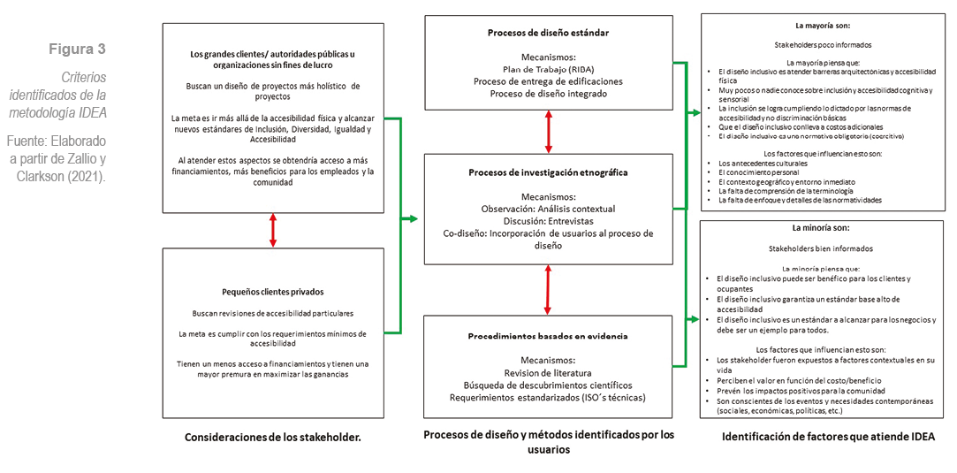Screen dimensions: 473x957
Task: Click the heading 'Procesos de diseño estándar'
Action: click(548, 33)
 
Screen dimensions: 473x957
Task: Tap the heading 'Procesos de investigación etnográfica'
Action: click(548, 172)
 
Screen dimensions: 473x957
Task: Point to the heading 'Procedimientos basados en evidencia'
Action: click(548, 336)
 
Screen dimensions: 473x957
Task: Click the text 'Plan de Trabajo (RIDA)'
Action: click(548, 69)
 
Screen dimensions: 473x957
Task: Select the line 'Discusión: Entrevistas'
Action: click(548, 221)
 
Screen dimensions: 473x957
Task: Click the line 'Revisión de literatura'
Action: click(548, 372)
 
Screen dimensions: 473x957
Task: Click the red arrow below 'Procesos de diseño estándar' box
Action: click(549, 132)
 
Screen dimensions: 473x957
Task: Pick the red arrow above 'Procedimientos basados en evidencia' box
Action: click(549, 289)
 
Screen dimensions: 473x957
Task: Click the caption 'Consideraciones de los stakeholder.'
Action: click(273, 437)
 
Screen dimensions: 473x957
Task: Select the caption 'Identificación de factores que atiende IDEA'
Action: click(828, 436)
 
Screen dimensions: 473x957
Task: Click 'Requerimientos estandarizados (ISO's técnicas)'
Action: click(548, 397)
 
